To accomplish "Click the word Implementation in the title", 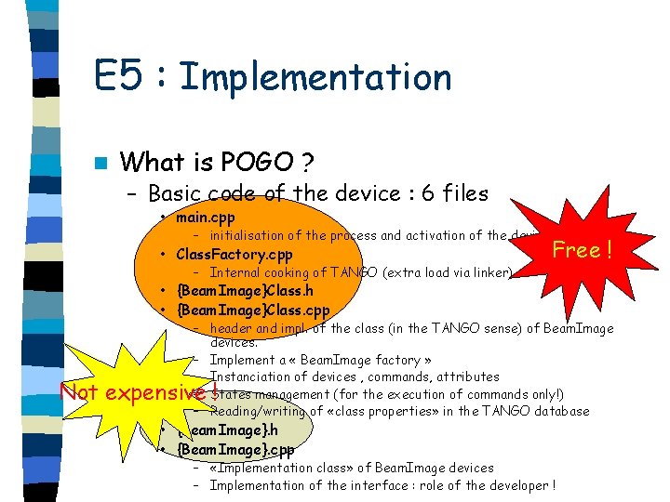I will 315,76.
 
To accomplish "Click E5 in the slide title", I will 120,76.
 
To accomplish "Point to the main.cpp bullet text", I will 206,218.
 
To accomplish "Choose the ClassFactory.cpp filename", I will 234,255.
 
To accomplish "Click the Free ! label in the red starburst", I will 581,249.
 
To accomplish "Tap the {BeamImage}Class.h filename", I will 245,292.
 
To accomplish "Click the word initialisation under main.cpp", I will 250,236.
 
